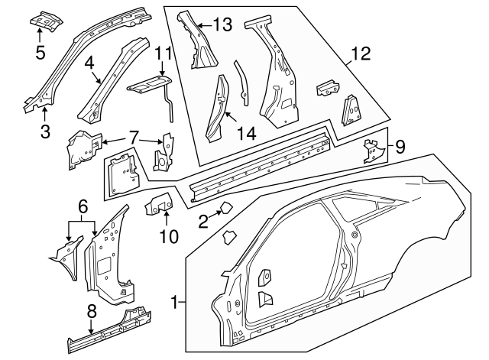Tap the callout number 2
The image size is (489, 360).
pyautogui.click(x=202, y=222)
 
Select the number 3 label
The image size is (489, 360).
pyautogui.click(x=45, y=131)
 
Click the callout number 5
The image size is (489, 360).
pyautogui.click(x=40, y=52)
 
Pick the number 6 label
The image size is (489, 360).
pyautogui.click(x=82, y=205)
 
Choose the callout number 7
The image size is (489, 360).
pyautogui.click(x=134, y=137)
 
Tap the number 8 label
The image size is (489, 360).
pyautogui.click(x=91, y=311)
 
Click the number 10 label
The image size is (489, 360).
pyautogui.click(x=169, y=236)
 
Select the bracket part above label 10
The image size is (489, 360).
pyautogui.click(x=160, y=204)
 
